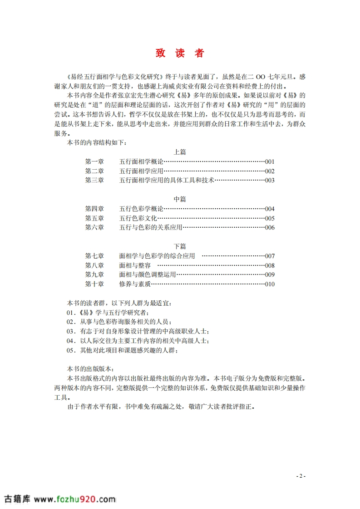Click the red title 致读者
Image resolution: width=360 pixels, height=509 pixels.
(x=180, y=53)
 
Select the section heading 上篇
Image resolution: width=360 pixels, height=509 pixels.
(x=180, y=152)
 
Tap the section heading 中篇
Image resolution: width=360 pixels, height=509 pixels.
(x=180, y=199)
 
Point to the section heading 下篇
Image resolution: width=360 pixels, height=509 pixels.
(x=180, y=246)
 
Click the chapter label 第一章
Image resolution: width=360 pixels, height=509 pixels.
(x=94, y=162)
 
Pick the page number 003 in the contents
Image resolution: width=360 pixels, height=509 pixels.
(x=270, y=180)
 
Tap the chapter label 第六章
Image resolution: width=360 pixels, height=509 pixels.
(x=94, y=227)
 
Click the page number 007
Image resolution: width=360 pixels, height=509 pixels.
(x=270, y=256)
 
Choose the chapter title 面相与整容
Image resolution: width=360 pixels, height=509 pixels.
(x=135, y=265)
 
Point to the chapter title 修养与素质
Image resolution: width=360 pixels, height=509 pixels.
(x=135, y=284)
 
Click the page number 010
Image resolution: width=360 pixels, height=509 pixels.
(x=270, y=284)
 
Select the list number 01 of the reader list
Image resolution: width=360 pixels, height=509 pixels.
(x=70, y=313)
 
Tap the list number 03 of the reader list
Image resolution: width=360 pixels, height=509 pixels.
(x=70, y=331)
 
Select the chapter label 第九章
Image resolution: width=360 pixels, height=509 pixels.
(x=94, y=274)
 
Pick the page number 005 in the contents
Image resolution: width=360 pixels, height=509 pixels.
(x=270, y=218)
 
